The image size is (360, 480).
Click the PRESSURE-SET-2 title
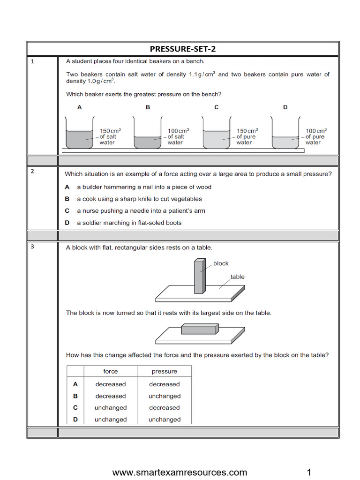(x=182, y=49)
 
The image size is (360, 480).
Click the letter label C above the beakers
(x=217, y=107)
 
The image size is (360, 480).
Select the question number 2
(x=32, y=171)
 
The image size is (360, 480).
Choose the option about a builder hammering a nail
(x=144, y=187)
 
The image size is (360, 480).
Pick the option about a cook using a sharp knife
(x=139, y=199)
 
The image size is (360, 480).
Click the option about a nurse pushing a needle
(x=141, y=211)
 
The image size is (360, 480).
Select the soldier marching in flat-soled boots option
(x=129, y=223)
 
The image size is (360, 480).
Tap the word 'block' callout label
(x=221, y=263)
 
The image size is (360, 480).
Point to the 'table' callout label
(x=237, y=277)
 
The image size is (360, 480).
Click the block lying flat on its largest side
(x=200, y=329)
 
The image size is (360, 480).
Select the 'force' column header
(x=111, y=371)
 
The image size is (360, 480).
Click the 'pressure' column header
(x=165, y=371)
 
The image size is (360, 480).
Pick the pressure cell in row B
(x=165, y=396)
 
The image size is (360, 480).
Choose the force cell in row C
(x=111, y=408)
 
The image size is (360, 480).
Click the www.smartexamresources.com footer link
(x=180, y=472)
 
